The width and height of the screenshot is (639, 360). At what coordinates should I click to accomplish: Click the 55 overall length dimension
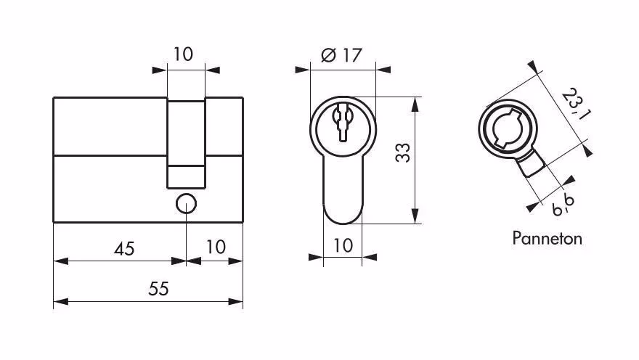158,289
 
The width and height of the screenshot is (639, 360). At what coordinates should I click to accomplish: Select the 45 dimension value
124,249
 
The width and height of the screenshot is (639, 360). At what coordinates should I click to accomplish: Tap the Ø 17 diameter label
341,55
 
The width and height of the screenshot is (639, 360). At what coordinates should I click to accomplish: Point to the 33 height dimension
403,152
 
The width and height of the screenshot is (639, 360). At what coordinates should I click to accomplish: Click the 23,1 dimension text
577,104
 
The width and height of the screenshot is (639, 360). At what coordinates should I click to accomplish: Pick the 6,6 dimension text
563,205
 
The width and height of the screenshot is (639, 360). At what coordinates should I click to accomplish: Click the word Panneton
547,238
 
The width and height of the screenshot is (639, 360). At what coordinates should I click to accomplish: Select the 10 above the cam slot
183,54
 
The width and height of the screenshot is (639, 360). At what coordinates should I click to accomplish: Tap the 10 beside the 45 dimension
216,247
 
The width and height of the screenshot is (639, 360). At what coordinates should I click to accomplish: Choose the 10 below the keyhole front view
343,245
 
